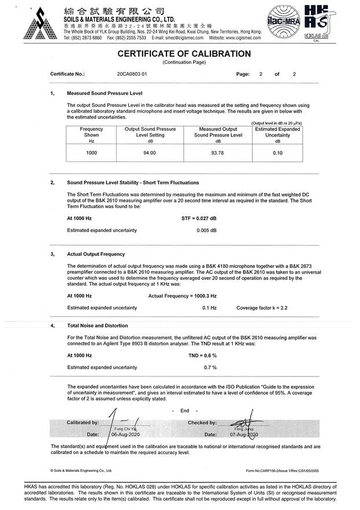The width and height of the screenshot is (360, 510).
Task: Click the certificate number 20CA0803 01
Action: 132,75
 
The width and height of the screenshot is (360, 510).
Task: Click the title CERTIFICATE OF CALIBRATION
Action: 184,54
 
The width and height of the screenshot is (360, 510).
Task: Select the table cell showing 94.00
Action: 150,153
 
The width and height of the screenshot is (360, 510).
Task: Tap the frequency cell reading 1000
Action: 91,153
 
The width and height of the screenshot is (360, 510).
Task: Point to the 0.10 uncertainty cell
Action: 277,153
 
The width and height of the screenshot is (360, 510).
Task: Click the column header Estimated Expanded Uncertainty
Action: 277,132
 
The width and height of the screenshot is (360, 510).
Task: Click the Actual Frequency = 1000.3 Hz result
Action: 182,295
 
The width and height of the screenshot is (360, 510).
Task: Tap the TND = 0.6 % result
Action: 202,355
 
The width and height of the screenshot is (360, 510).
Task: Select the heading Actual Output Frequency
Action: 96,254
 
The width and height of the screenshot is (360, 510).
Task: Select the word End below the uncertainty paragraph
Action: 185,411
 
